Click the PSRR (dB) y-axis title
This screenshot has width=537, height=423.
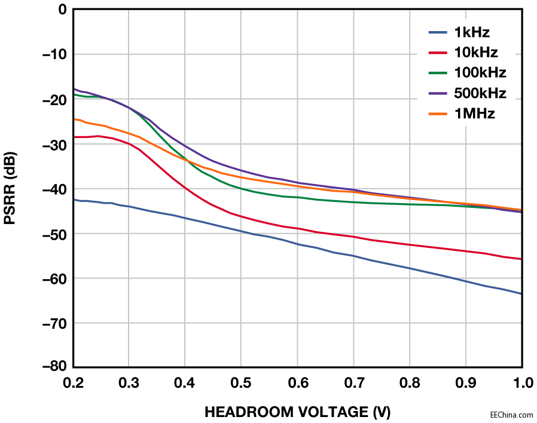[11, 188]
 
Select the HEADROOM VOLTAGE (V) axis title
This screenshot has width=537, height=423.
[298, 412]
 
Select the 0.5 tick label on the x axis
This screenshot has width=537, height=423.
[240, 382]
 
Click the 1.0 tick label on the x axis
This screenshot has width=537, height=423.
[521, 382]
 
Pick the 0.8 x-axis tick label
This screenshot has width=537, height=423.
[410, 382]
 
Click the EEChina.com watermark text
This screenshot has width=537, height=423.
[511, 414]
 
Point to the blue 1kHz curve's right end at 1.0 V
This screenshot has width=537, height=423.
[521, 293]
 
